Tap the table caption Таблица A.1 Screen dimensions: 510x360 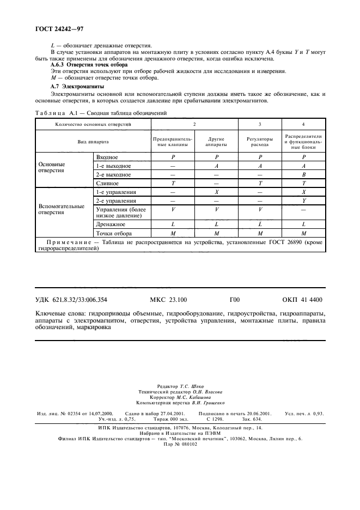coord(54,113)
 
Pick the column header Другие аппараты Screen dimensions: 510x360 coord(216,142)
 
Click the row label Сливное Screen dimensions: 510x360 coord(107,184)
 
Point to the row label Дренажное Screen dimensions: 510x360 coord(111,224)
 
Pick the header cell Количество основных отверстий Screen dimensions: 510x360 coord(93,124)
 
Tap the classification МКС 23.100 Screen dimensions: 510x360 coord(167,299)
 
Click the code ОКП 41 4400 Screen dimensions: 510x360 coord(302,299)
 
